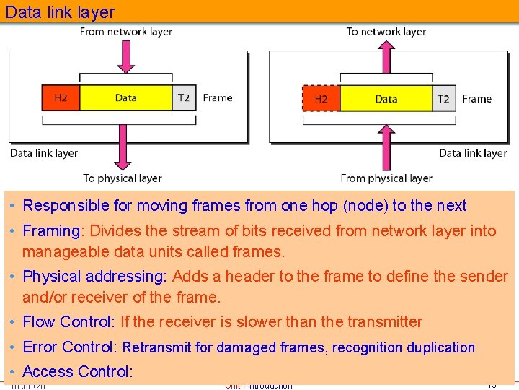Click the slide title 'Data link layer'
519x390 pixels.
coord(60,12)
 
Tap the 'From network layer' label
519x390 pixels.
coord(126,32)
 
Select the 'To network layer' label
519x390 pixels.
coord(386,32)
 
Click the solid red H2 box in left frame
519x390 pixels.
coord(61,98)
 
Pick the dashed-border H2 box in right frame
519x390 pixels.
coord(321,99)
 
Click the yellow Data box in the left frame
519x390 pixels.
coord(126,98)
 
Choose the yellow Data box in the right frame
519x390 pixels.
coord(386,99)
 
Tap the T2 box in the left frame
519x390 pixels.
coord(184,98)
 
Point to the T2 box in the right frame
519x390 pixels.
coord(443,99)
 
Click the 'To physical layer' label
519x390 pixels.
coord(123,178)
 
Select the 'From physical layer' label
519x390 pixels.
coord(386,178)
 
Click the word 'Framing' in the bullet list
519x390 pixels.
coord(50,231)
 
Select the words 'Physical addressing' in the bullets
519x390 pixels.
coord(94,277)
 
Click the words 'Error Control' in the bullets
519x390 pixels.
coord(69,347)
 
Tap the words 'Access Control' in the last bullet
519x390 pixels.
coord(76,372)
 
